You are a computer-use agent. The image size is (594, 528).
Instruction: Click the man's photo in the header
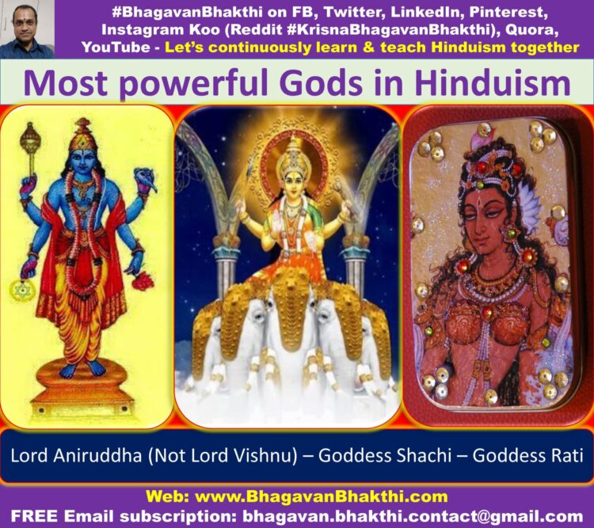click(x=27, y=29)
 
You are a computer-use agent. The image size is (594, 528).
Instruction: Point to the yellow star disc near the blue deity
click(x=26, y=291)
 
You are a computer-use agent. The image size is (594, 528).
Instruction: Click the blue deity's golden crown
click(x=82, y=135)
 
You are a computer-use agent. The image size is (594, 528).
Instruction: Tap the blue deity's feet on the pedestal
click(x=82, y=368)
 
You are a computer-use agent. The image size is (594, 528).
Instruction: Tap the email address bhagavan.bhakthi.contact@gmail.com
click(x=413, y=516)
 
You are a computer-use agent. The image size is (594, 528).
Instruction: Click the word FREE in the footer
click(x=35, y=515)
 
